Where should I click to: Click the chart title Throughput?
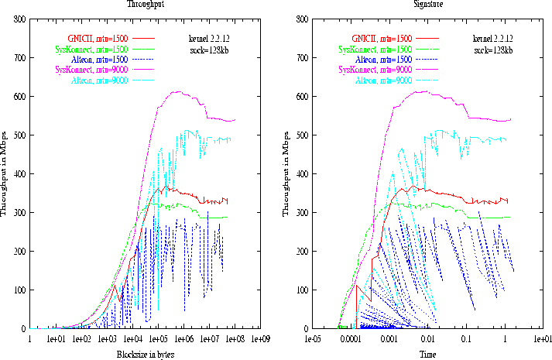coord(145,4)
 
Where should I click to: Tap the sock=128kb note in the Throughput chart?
coord(209,50)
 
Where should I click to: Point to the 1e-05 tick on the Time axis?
coord(313,339)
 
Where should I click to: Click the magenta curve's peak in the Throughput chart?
coord(177,91)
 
